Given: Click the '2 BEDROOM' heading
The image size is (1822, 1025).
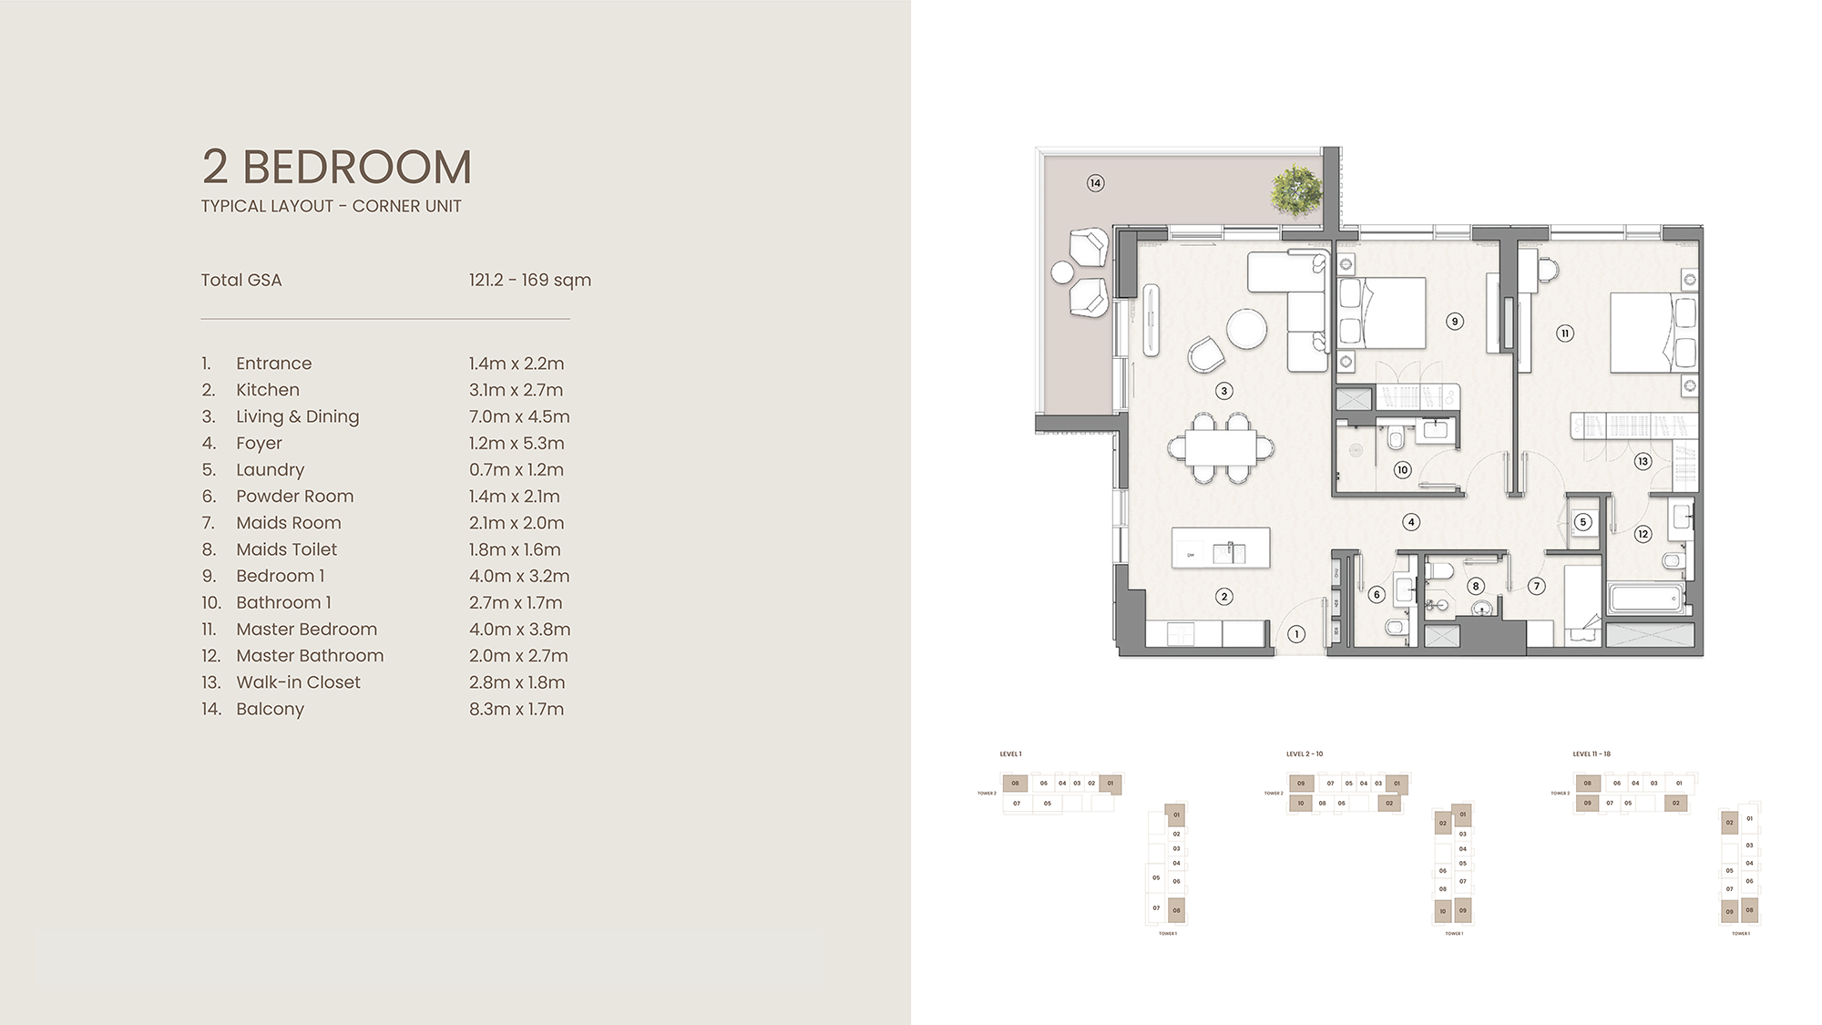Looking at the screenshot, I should tap(337, 168).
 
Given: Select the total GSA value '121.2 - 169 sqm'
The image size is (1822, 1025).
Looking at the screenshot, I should tap(530, 280).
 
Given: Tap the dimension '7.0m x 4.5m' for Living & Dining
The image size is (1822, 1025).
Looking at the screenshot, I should tap(519, 416).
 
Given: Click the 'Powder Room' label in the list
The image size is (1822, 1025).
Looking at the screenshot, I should tap(294, 497).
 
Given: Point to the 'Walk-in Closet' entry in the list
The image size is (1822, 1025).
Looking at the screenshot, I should tap(298, 682).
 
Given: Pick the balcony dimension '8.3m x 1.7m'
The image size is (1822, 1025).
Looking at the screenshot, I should tap(517, 709).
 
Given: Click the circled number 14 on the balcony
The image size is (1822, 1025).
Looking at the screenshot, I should tap(1096, 183).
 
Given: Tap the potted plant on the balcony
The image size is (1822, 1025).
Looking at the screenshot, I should tap(1295, 190).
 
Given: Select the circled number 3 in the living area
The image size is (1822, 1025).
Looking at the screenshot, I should tap(1224, 391).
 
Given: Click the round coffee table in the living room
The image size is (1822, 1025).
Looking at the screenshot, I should tap(1245, 329).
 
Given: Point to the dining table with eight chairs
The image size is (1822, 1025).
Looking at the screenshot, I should tap(1221, 447).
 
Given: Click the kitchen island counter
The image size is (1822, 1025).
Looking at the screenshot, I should tap(1221, 548).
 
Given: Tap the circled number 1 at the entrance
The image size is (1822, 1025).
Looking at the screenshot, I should tap(1296, 634).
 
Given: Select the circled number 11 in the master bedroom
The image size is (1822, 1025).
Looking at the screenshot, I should tap(1565, 333).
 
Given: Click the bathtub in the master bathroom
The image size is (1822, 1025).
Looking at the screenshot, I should tap(1647, 600).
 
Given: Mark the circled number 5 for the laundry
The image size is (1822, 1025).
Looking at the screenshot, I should tap(1583, 522).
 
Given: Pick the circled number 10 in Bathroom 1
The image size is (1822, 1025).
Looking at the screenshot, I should tap(1402, 470).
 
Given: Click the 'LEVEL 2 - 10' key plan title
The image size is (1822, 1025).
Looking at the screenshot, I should tap(1305, 754).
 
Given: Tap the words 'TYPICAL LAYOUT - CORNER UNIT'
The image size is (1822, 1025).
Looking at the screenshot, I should tap(331, 207).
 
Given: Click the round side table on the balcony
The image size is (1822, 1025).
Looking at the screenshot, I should tap(1062, 272).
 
